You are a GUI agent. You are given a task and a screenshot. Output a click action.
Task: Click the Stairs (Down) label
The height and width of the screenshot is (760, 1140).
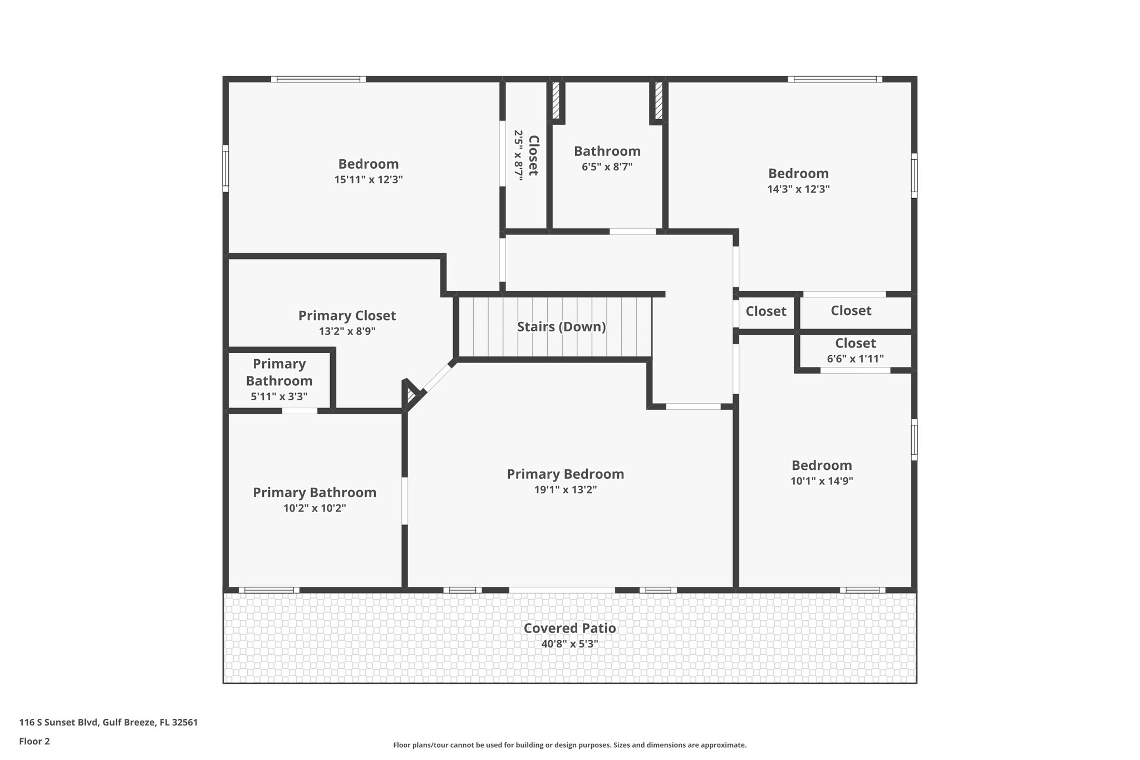point(561,327)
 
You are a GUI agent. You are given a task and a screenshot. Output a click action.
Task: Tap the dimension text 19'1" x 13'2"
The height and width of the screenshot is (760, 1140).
point(565,490)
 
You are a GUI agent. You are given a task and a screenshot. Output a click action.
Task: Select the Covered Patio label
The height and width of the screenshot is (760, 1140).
point(569,628)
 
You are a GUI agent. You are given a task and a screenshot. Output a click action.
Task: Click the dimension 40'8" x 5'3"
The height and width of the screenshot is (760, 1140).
point(569,644)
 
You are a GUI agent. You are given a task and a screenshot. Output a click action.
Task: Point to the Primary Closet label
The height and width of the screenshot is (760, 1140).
point(347,316)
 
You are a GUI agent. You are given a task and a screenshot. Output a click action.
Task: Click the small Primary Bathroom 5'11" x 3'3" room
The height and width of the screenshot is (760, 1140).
point(279,380)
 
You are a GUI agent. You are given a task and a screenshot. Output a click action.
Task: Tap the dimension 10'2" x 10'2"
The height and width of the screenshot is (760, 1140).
point(315,508)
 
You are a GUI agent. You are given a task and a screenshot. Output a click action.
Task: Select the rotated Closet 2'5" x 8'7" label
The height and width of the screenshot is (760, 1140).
point(526,155)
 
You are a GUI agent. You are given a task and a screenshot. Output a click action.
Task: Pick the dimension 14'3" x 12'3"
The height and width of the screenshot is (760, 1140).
point(798,189)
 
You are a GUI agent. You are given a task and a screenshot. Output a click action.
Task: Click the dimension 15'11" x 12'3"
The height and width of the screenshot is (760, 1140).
point(368,180)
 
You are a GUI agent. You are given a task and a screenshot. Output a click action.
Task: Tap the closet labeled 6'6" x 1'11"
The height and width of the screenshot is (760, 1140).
point(855,351)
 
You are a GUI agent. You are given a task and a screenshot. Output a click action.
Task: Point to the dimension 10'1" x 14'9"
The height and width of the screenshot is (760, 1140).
point(822,481)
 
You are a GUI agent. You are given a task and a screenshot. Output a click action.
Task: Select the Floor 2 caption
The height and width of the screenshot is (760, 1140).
point(35,741)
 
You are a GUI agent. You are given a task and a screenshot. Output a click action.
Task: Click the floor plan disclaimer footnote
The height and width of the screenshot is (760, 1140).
point(569,745)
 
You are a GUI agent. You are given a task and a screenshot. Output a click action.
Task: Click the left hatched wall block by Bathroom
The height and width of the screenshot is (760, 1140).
point(555,100)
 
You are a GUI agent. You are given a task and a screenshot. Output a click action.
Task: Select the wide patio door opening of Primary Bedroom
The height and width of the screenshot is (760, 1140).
point(562,590)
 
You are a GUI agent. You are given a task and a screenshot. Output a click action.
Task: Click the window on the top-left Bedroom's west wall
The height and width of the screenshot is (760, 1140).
point(225,168)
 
